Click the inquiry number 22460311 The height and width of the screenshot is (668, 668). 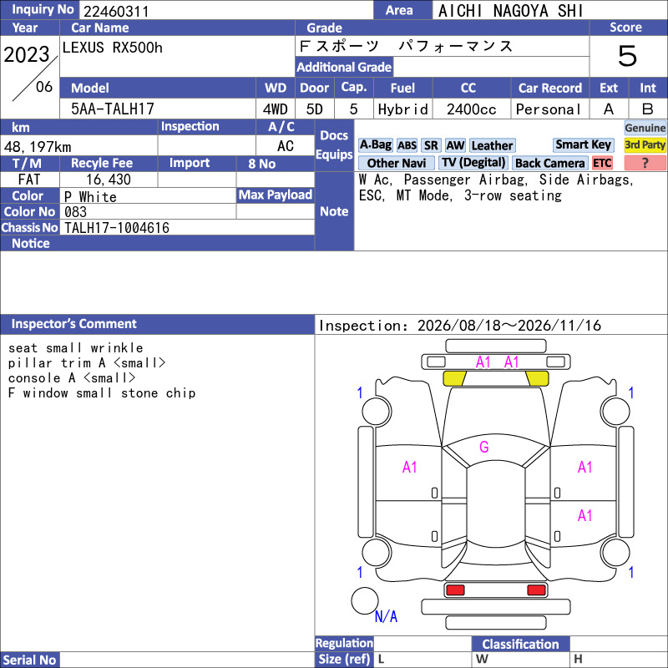pyautogui.click(x=116, y=11)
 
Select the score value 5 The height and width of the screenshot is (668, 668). pyautogui.click(x=628, y=56)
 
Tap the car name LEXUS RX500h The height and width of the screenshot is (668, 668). pyautogui.click(x=113, y=48)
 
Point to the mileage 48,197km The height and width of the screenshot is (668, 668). pyautogui.click(x=38, y=147)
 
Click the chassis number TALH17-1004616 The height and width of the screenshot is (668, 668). pyautogui.click(x=117, y=228)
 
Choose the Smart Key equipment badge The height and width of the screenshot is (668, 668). pyautogui.click(x=583, y=144)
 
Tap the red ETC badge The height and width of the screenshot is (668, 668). pyautogui.click(x=602, y=163)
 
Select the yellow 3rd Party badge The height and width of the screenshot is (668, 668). pyautogui.click(x=645, y=144)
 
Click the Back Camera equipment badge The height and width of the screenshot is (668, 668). pyautogui.click(x=550, y=163)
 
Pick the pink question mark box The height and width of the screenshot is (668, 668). pyautogui.click(x=645, y=163)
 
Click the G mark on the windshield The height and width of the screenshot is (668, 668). pyautogui.click(x=484, y=447)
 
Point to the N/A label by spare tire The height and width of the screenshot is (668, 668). pyautogui.click(x=386, y=616)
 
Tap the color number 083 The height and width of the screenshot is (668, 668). pyautogui.click(x=75, y=212)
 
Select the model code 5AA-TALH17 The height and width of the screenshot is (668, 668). pyautogui.click(x=113, y=109)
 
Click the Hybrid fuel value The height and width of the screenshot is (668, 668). pyautogui.click(x=403, y=109)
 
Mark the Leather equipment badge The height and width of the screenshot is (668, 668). pyautogui.click(x=492, y=145)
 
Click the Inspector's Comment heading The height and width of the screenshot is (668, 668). pyautogui.click(x=74, y=324)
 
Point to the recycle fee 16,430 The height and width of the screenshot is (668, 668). pyautogui.click(x=109, y=180)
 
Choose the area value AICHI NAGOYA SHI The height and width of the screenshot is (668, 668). pyautogui.click(x=510, y=11)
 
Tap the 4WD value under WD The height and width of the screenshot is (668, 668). pyautogui.click(x=276, y=109)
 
